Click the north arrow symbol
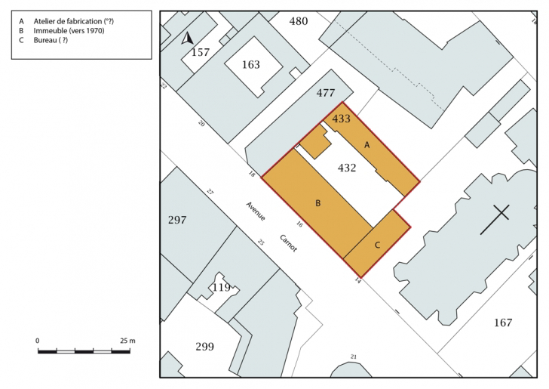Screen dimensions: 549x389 pos(187,38)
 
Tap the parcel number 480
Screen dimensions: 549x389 pos(299,21)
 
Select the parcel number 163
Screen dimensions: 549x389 pos(250,64)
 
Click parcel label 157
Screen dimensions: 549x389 pos(201,52)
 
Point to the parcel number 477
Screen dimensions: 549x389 pos(326,93)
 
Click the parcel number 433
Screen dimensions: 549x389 pos(341,119)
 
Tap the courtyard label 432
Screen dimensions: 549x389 pos(347,168)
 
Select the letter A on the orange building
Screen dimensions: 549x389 pos(367,145)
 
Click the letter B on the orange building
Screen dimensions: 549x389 pos(318,203)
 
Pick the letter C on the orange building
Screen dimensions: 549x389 pos(377,245)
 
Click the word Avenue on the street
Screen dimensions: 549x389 pos(255,211)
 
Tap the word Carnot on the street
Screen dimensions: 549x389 pos(289,243)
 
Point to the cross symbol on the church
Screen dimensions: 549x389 pos(495,220)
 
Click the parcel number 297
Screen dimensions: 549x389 pos(177,220)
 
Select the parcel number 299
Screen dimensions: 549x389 pos(204,347)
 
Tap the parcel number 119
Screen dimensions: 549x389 pos(221,288)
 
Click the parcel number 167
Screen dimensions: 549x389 pos(503,323)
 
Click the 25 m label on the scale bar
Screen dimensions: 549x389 pos(127,341)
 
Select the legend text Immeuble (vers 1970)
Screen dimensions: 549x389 pos(69,31)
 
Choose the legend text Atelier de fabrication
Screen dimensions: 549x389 pos(68,21)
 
